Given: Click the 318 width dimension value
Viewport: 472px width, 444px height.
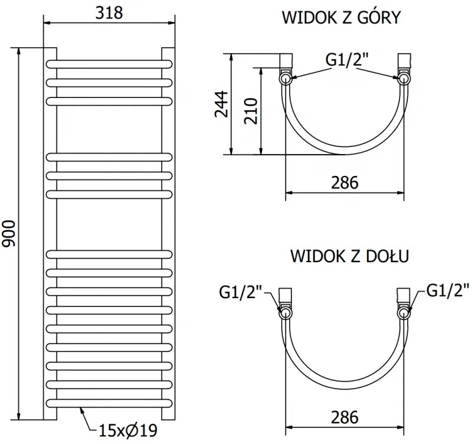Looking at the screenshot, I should (x=109, y=12).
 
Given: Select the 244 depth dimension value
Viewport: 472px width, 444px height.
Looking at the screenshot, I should (x=221, y=105).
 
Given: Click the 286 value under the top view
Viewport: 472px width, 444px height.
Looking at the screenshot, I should (x=345, y=182).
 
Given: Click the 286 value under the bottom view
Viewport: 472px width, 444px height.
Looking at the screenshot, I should (x=345, y=417).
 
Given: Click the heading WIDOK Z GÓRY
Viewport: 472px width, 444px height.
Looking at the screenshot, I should (x=341, y=18).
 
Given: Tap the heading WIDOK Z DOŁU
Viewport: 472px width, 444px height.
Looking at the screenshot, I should (x=350, y=257).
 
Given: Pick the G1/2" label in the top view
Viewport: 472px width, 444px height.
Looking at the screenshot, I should (x=347, y=60).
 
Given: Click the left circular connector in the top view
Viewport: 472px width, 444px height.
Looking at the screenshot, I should (x=286, y=77).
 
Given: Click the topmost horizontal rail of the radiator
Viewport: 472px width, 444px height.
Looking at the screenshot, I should (x=109, y=63).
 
